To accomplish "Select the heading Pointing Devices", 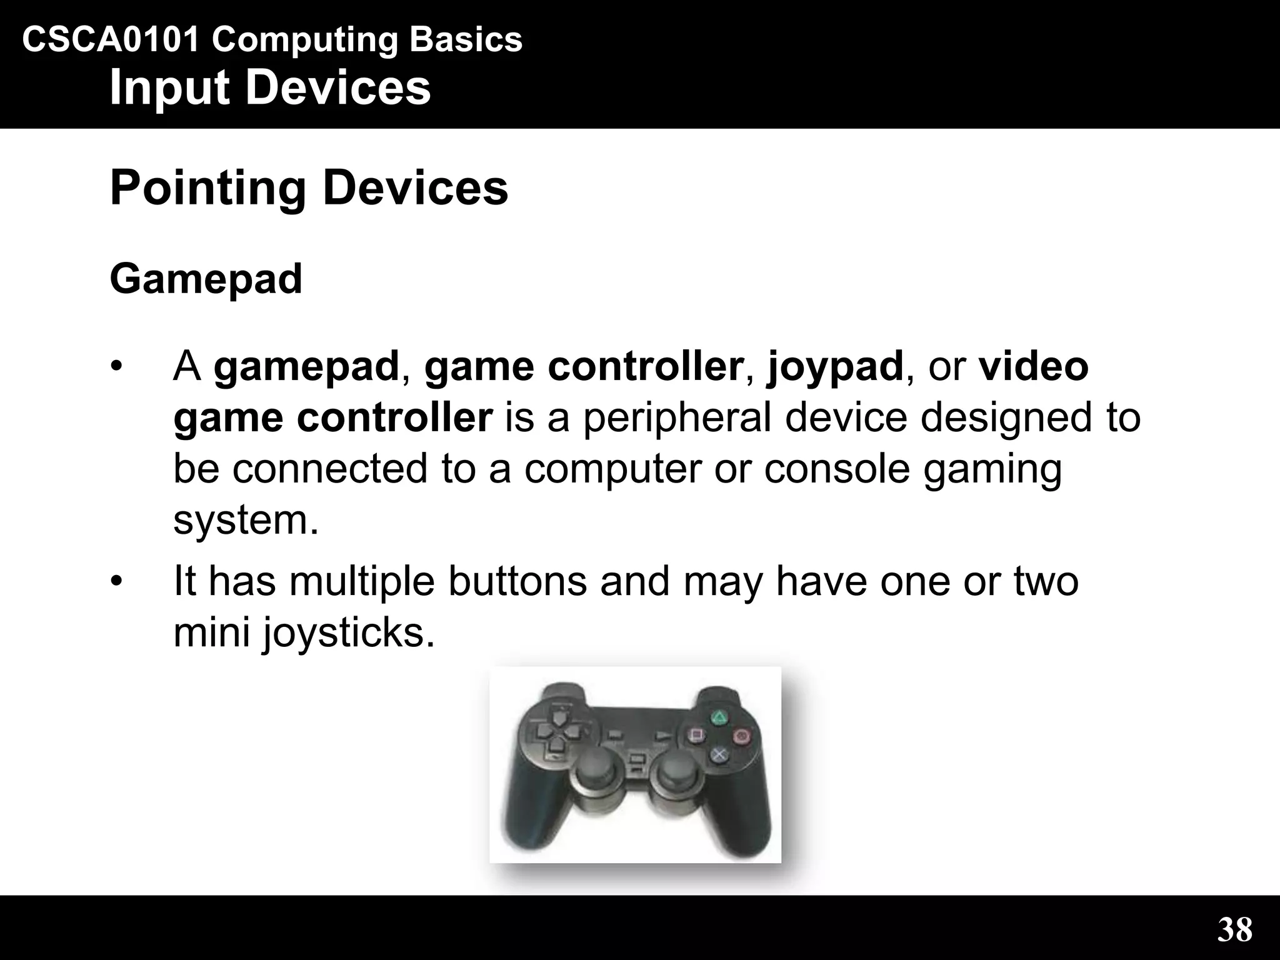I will point(309,187).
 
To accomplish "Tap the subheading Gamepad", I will point(206,279).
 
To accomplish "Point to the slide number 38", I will point(1234,929).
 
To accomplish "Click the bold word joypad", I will point(835,366).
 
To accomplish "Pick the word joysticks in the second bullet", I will point(347,632).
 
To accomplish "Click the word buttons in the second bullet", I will point(517,581).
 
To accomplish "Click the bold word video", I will point(1034,366).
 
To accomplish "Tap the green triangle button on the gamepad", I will point(719,717).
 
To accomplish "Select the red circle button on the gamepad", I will point(742,736).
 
